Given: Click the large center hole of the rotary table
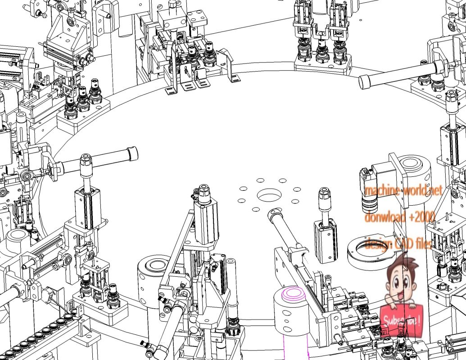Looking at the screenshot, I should tap(269, 196).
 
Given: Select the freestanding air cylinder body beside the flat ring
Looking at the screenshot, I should tap(326, 241).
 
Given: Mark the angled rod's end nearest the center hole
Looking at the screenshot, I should tap(273, 213).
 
